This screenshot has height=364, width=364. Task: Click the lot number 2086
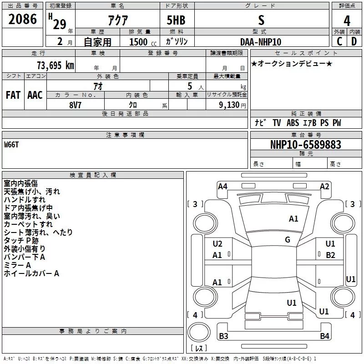pyautogui.click(x=23, y=19)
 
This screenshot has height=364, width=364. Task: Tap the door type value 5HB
pyautogui.click(x=176, y=20)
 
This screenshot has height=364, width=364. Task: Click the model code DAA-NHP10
pyautogui.click(x=261, y=42)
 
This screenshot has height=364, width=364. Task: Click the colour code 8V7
pyautogui.click(x=76, y=104)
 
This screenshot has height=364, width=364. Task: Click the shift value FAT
pyautogui.click(x=13, y=95)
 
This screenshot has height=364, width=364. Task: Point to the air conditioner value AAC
pyautogui.click(x=35, y=95)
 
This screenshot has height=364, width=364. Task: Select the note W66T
pyautogui.click(x=12, y=145)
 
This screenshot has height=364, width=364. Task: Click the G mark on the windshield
pyautogui.click(x=288, y=239)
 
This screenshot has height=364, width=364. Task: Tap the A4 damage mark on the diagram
pyautogui.click(x=222, y=186)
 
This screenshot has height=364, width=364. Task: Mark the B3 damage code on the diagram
pyautogui.click(x=223, y=336)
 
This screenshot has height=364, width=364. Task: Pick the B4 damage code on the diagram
pyautogui.click(x=324, y=336)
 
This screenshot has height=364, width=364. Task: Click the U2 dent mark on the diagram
pyautogui.click(x=217, y=244)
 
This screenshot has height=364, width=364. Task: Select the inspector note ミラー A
pyautogui.click(x=17, y=265)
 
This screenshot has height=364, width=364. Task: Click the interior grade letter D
pyautogui.click(x=354, y=42)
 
